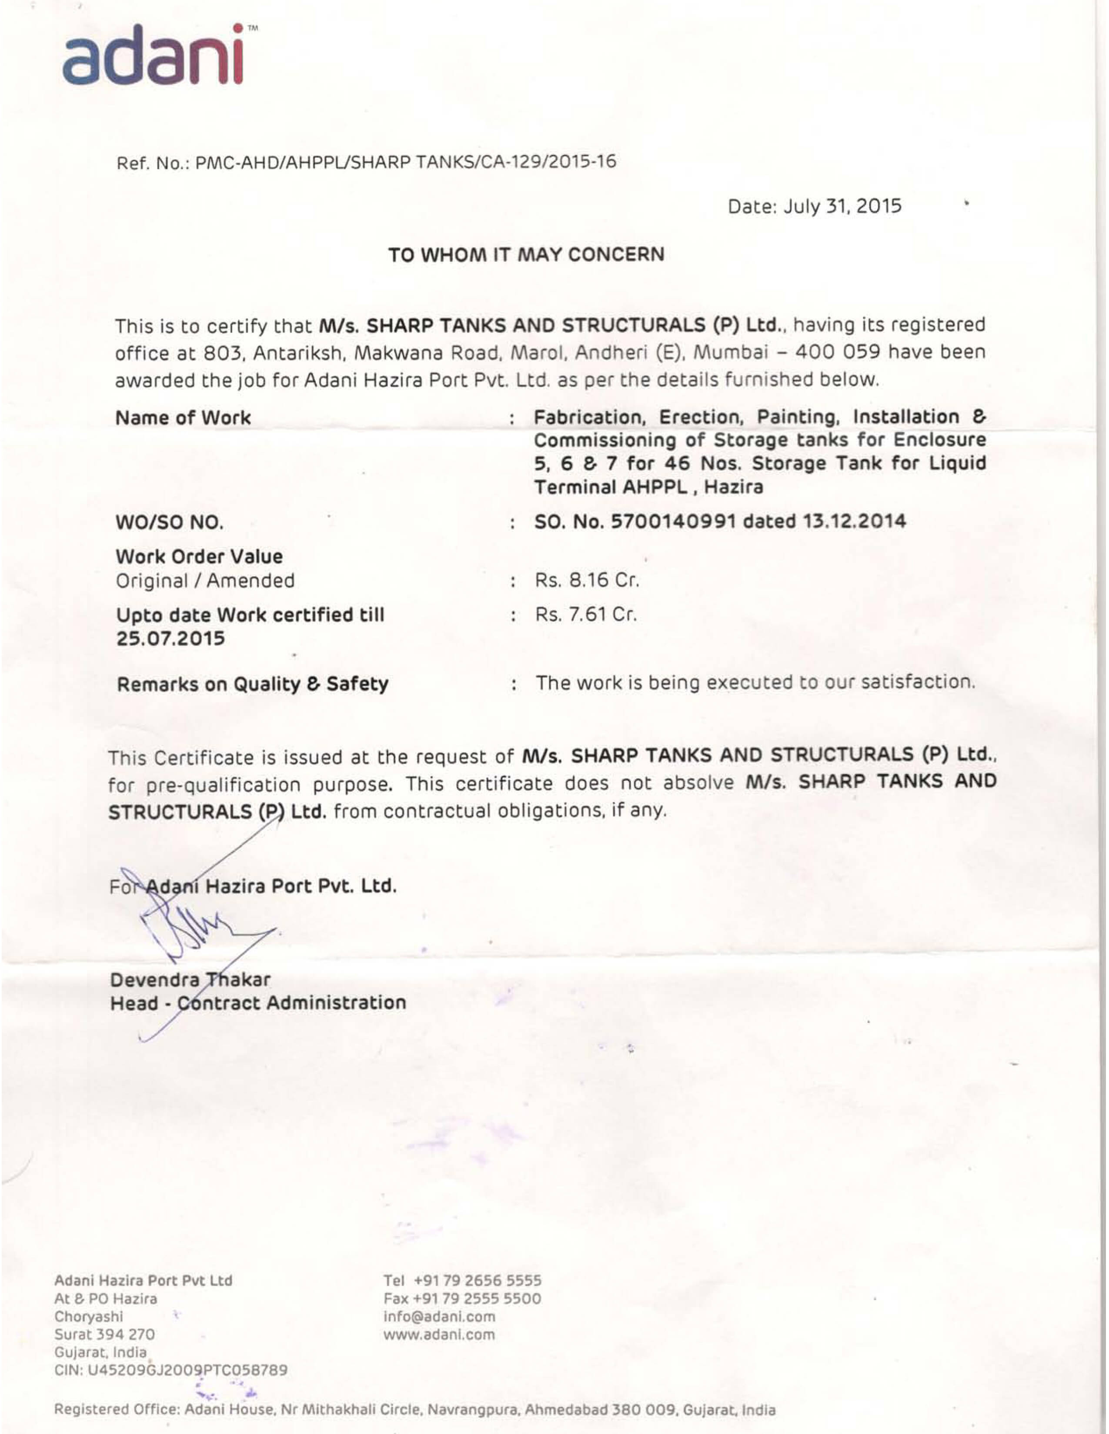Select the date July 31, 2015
click(x=843, y=207)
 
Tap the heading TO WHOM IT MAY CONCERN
click(x=526, y=255)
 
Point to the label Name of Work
click(x=183, y=418)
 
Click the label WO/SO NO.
click(x=170, y=523)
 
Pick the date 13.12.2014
click(x=854, y=522)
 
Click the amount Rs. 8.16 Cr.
click(x=587, y=581)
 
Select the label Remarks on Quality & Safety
click(x=252, y=684)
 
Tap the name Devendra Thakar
click(x=190, y=980)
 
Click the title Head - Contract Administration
click(x=257, y=1003)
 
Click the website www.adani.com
click(x=439, y=1334)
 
